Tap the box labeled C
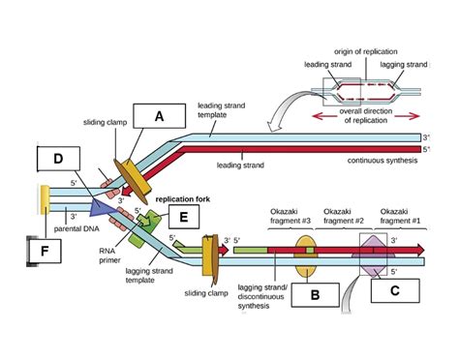(392, 292)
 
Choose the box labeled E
(178, 218)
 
